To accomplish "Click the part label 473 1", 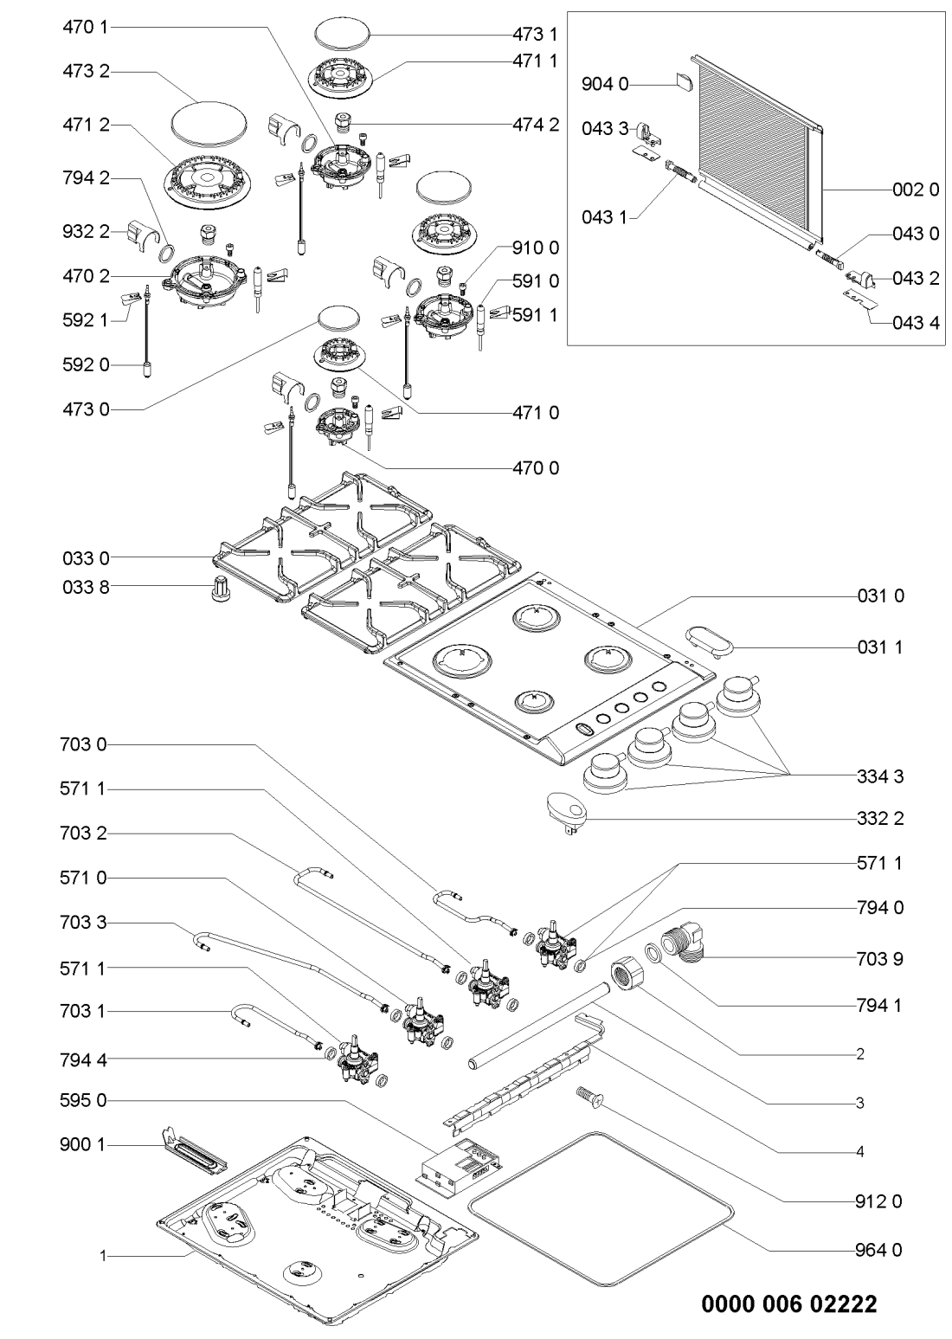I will point(534,35).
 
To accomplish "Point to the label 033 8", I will point(86,586).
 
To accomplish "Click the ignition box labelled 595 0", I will point(457,1162).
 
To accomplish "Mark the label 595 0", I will point(86,1101).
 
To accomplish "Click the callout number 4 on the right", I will point(859,1152).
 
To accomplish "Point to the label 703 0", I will point(86,744).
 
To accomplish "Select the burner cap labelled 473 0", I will point(338,319).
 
